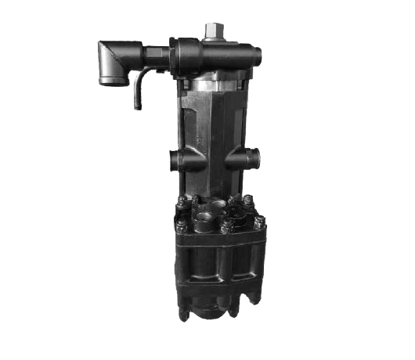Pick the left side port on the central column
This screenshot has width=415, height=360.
pos(175,159)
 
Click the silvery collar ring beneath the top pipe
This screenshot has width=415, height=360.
pos(215,81)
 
